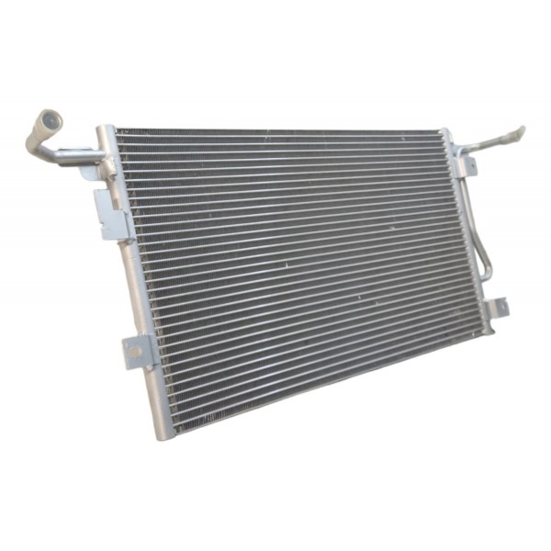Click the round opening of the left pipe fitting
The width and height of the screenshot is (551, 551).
[x=49, y=119]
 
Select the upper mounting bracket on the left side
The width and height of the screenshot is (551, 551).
[x=110, y=213]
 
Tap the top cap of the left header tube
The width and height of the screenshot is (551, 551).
[x=106, y=131]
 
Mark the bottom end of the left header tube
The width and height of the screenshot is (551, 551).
[x=163, y=432]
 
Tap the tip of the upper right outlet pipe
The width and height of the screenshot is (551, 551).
[x=520, y=132]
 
